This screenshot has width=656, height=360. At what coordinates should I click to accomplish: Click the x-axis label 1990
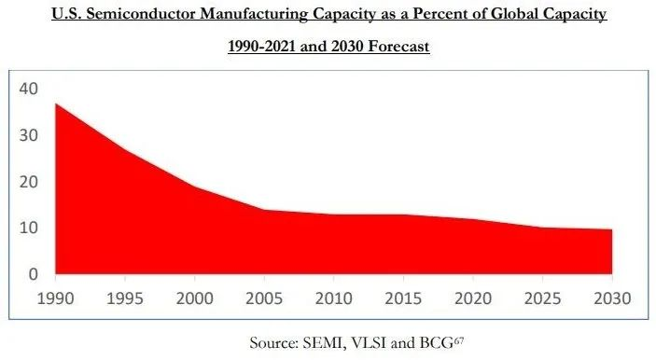[55, 298]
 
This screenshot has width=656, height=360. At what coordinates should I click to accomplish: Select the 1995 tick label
[125, 298]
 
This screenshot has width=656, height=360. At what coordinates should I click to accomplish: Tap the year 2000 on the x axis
[194, 298]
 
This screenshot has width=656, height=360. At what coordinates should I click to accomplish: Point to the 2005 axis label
[264, 298]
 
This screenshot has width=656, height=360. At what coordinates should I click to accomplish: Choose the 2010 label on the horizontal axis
[333, 298]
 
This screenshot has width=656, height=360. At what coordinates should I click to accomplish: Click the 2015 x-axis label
[403, 298]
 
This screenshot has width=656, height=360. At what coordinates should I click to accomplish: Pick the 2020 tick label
[473, 298]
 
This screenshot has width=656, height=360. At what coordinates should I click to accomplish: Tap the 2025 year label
[542, 298]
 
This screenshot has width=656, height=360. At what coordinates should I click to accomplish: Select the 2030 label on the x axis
[612, 298]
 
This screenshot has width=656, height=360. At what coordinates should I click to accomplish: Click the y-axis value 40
[28, 89]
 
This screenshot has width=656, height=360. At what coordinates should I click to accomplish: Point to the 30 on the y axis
[28, 135]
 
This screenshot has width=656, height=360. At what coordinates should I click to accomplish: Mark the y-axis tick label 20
[28, 182]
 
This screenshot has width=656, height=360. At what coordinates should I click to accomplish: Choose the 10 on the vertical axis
[28, 228]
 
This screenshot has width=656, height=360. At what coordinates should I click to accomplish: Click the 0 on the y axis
[33, 274]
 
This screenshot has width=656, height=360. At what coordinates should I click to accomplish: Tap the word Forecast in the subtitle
[398, 46]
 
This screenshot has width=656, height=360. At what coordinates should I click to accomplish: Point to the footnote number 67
[458, 340]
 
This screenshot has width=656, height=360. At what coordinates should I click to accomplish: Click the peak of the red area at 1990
[56, 104]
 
